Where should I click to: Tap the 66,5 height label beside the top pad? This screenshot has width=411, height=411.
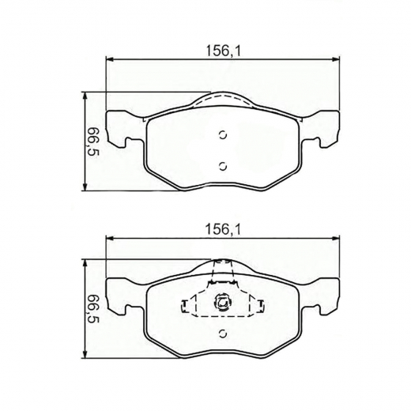(92, 141)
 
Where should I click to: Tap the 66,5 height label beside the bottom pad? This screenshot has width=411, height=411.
(92, 311)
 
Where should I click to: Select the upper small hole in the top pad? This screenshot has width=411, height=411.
(222, 134)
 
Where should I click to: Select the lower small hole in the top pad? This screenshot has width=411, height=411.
(222, 165)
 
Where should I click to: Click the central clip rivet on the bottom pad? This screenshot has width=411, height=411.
(222, 301)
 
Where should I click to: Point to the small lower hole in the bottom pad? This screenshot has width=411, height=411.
(222, 333)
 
